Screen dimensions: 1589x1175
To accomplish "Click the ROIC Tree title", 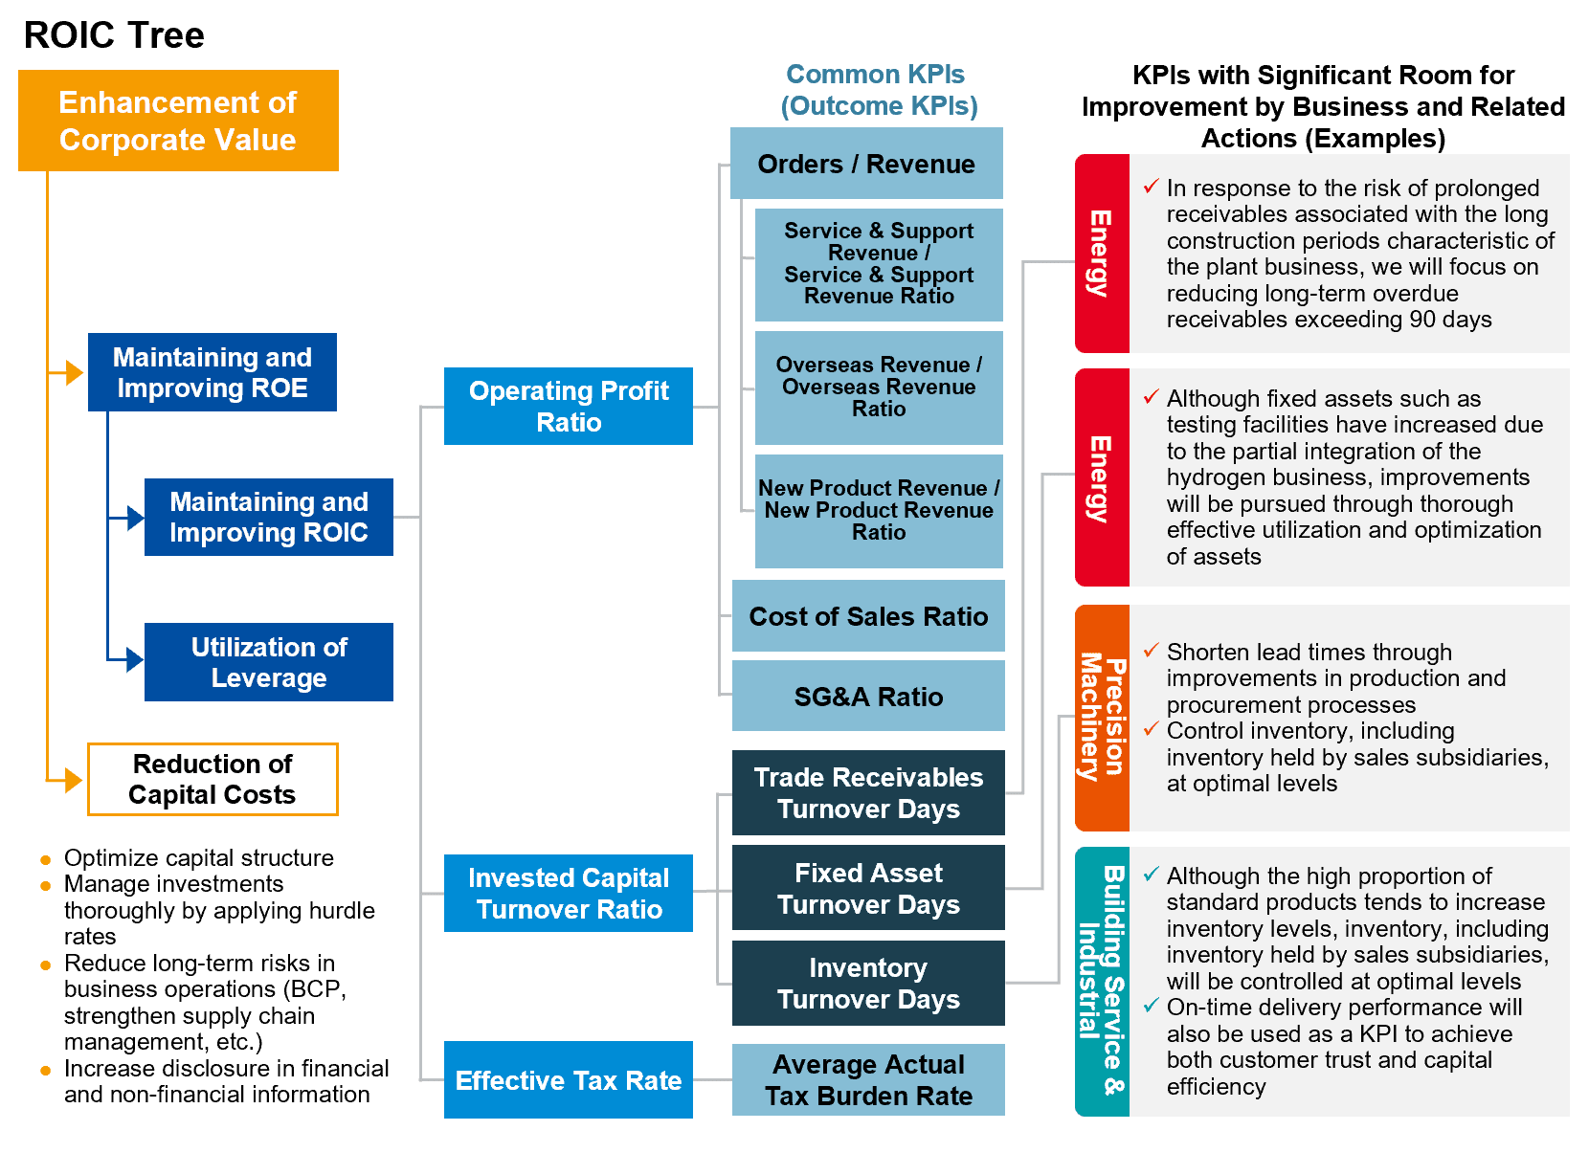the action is [114, 35].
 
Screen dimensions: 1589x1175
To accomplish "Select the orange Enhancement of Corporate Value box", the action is [178, 121].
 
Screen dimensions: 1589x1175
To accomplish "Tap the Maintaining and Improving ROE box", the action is [213, 372].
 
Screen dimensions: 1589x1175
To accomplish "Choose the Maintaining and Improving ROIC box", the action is [269, 517].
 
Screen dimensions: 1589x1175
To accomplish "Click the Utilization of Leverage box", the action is [269, 661].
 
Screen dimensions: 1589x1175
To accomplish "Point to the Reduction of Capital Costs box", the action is [213, 780].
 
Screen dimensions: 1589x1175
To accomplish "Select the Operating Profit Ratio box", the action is [568, 407].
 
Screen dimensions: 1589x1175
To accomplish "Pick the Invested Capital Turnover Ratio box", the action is [568, 893].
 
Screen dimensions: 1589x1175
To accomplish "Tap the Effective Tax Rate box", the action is [568, 1079].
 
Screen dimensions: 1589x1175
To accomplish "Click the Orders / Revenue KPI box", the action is [866, 164].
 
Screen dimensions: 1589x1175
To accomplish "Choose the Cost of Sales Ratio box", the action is [868, 616].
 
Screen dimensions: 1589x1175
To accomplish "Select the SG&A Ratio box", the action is [868, 696].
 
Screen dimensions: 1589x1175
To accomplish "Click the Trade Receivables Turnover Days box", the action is [868, 792].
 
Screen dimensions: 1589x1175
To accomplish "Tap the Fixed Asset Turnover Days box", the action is [868, 888].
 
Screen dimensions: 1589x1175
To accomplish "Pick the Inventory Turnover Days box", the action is [868, 983].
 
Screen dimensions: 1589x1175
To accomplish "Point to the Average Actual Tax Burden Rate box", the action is [868, 1079].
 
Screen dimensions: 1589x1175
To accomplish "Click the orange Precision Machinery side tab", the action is [1103, 718].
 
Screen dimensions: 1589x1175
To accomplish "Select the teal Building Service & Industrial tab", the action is [1103, 982].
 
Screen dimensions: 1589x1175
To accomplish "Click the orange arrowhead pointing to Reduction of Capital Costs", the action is [74, 780].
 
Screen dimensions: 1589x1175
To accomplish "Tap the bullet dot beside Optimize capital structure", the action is [46, 860].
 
